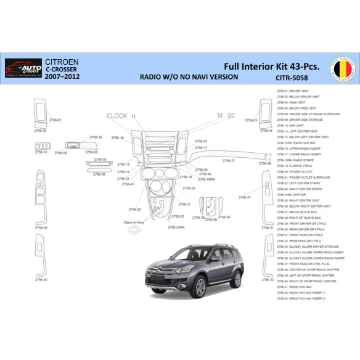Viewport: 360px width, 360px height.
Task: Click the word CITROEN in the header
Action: coord(62,63)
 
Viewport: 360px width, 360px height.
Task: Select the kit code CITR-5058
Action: coord(292,78)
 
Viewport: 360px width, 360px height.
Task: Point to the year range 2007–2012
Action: coord(60,78)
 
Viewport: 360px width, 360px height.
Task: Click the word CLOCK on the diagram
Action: coord(117,116)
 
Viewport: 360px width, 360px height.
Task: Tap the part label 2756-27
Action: coord(229,160)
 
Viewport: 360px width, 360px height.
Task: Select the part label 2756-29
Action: coord(41,227)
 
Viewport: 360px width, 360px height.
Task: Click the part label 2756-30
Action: coord(41,279)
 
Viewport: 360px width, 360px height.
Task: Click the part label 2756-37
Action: coord(245,197)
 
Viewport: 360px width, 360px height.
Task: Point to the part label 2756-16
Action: coord(118,137)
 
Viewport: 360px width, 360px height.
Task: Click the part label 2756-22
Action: coord(134,209)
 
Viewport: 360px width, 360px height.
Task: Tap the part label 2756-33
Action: coord(96,137)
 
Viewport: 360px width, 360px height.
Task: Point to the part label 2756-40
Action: coord(224,217)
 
